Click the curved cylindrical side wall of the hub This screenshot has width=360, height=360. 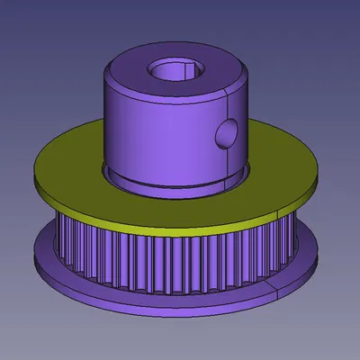(x=153, y=135)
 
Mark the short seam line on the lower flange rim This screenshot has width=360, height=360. (x=271, y=286)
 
